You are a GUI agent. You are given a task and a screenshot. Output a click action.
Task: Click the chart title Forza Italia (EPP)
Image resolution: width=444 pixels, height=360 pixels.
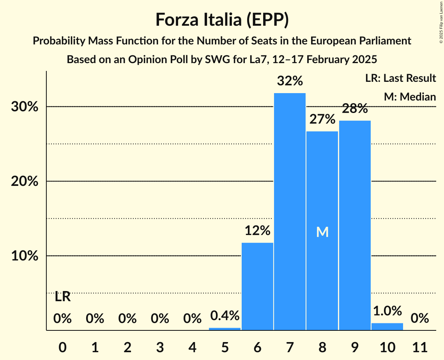[222, 19]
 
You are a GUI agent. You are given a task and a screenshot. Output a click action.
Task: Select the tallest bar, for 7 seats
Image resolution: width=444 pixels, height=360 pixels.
[290, 210]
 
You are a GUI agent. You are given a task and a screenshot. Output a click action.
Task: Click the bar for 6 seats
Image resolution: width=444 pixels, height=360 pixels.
[257, 286]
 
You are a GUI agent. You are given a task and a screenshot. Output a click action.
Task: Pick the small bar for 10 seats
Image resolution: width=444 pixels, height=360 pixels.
[387, 326]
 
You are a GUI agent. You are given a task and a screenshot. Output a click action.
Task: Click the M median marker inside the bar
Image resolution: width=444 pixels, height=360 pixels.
[322, 232]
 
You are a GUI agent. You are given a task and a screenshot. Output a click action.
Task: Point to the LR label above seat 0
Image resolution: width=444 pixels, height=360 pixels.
[62, 297]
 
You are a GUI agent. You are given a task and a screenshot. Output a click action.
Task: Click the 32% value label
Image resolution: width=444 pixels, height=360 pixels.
[290, 81]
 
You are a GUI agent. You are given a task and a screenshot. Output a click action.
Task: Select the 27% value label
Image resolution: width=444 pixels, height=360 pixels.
[322, 119]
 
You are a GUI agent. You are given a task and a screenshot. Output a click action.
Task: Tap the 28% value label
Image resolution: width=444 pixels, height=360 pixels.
[355, 109]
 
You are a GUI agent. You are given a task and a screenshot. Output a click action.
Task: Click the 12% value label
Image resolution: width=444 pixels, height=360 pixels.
[257, 231]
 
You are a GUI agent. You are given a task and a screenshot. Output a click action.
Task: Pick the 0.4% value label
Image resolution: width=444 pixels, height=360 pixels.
[225, 316]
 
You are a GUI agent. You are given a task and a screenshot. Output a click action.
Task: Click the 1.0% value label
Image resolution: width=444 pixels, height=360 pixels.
[387, 311]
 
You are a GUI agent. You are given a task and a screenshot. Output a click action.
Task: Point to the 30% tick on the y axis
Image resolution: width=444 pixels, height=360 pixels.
[25, 107]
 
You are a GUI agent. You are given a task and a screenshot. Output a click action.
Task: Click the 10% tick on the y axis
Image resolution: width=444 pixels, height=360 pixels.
[25, 256]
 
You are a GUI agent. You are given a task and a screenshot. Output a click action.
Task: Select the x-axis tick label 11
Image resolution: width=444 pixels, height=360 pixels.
[420, 346]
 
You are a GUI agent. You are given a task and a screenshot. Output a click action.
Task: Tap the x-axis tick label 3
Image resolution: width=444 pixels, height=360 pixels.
[160, 346]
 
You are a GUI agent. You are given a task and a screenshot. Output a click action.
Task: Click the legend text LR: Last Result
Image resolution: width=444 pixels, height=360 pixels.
[400, 78]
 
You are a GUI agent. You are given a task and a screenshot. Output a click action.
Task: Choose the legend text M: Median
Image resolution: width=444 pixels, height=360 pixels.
[410, 97]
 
